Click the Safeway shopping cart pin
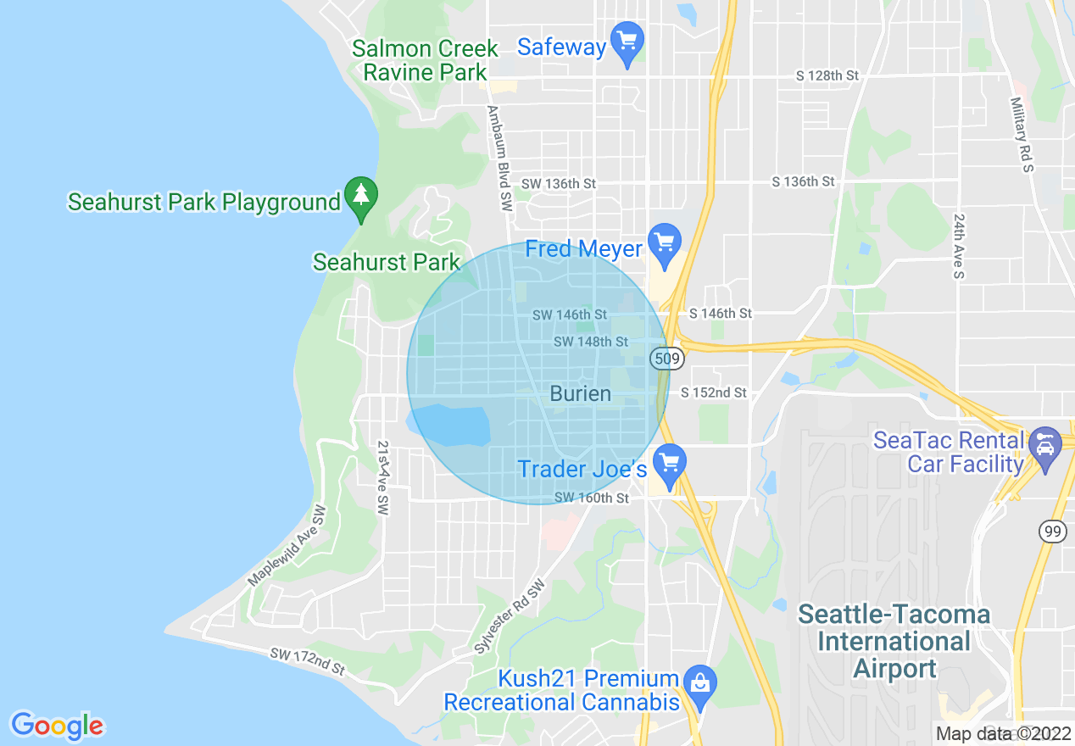627,42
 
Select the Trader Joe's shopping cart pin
670,464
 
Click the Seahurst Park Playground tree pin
362,197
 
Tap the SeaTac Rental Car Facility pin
1044,446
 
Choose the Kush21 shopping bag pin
700,683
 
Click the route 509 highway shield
667,359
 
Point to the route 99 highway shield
1052,532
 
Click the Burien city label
580,393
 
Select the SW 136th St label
559,183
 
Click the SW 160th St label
592,498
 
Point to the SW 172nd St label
308,661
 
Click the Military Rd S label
1022,134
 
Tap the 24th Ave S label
959,246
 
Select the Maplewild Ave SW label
287,547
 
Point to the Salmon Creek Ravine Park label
426,60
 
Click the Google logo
57,726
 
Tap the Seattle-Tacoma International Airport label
894,641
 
